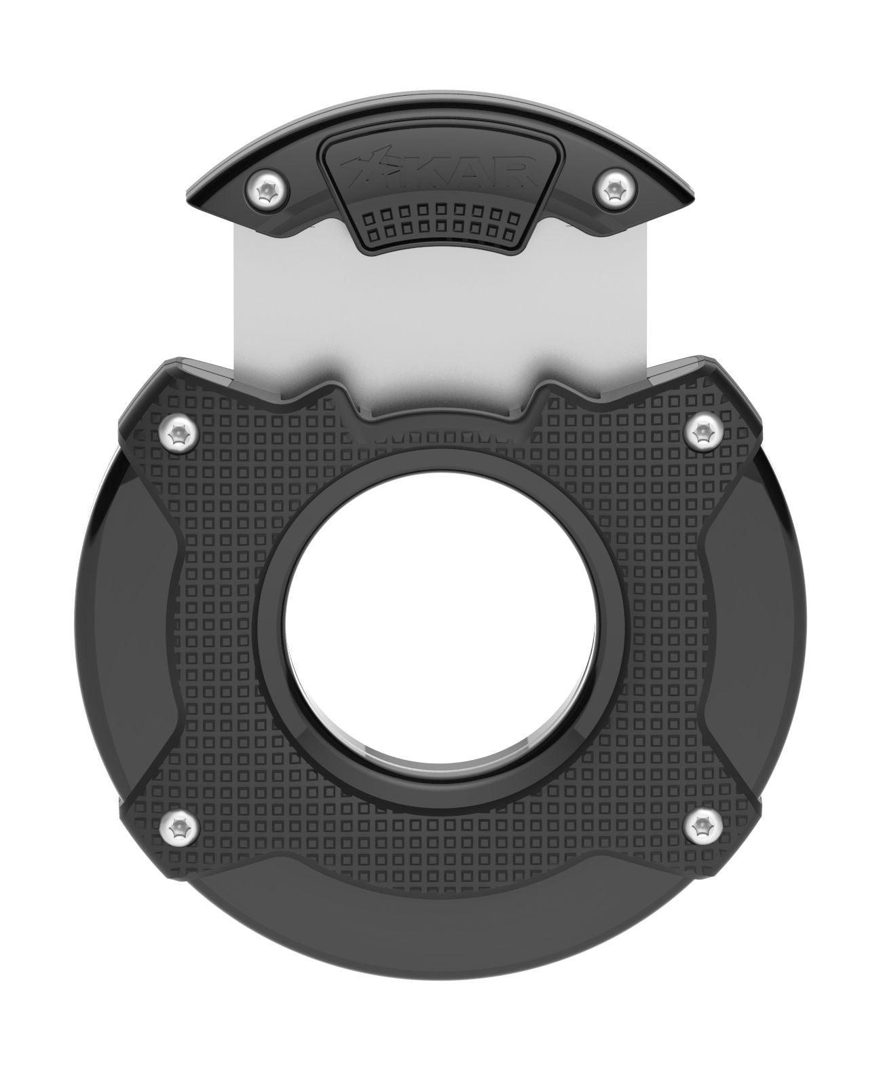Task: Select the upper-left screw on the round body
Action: click(178, 431)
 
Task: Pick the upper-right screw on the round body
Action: click(703, 431)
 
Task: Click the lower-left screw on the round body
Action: click(178, 826)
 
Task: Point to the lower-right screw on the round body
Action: click(703, 826)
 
